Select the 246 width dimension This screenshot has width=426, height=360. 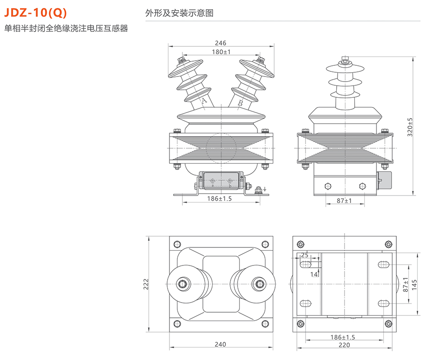tap(221, 43)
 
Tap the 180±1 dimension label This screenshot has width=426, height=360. tap(221, 52)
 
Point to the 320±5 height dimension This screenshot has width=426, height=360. tap(409, 127)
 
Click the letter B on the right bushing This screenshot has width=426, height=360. tap(240, 103)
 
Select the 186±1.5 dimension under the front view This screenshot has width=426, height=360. tap(219, 198)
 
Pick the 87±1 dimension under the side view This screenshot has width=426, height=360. tap(343, 201)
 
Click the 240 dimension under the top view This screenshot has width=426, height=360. tap(221, 344)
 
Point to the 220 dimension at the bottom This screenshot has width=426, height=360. tap(343, 345)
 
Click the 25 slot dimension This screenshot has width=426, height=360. tap(305, 255)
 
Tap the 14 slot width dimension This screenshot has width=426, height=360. tap(313, 274)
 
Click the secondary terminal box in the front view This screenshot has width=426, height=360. tap(220, 181)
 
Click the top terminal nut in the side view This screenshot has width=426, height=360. tap(344, 60)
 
